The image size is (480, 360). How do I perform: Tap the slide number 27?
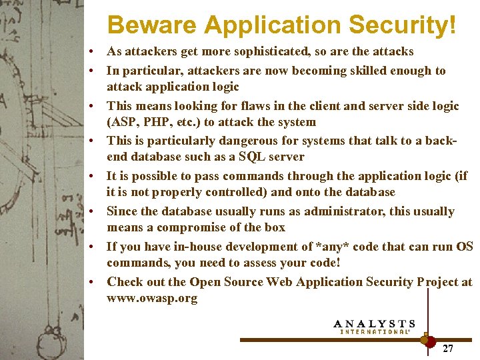pyautogui.click(x=448, y=348)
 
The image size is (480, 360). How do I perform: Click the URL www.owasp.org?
pyautogui.click(x=152, y=298)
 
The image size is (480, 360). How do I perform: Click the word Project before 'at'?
pyautogui.click(x=435, y=282)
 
